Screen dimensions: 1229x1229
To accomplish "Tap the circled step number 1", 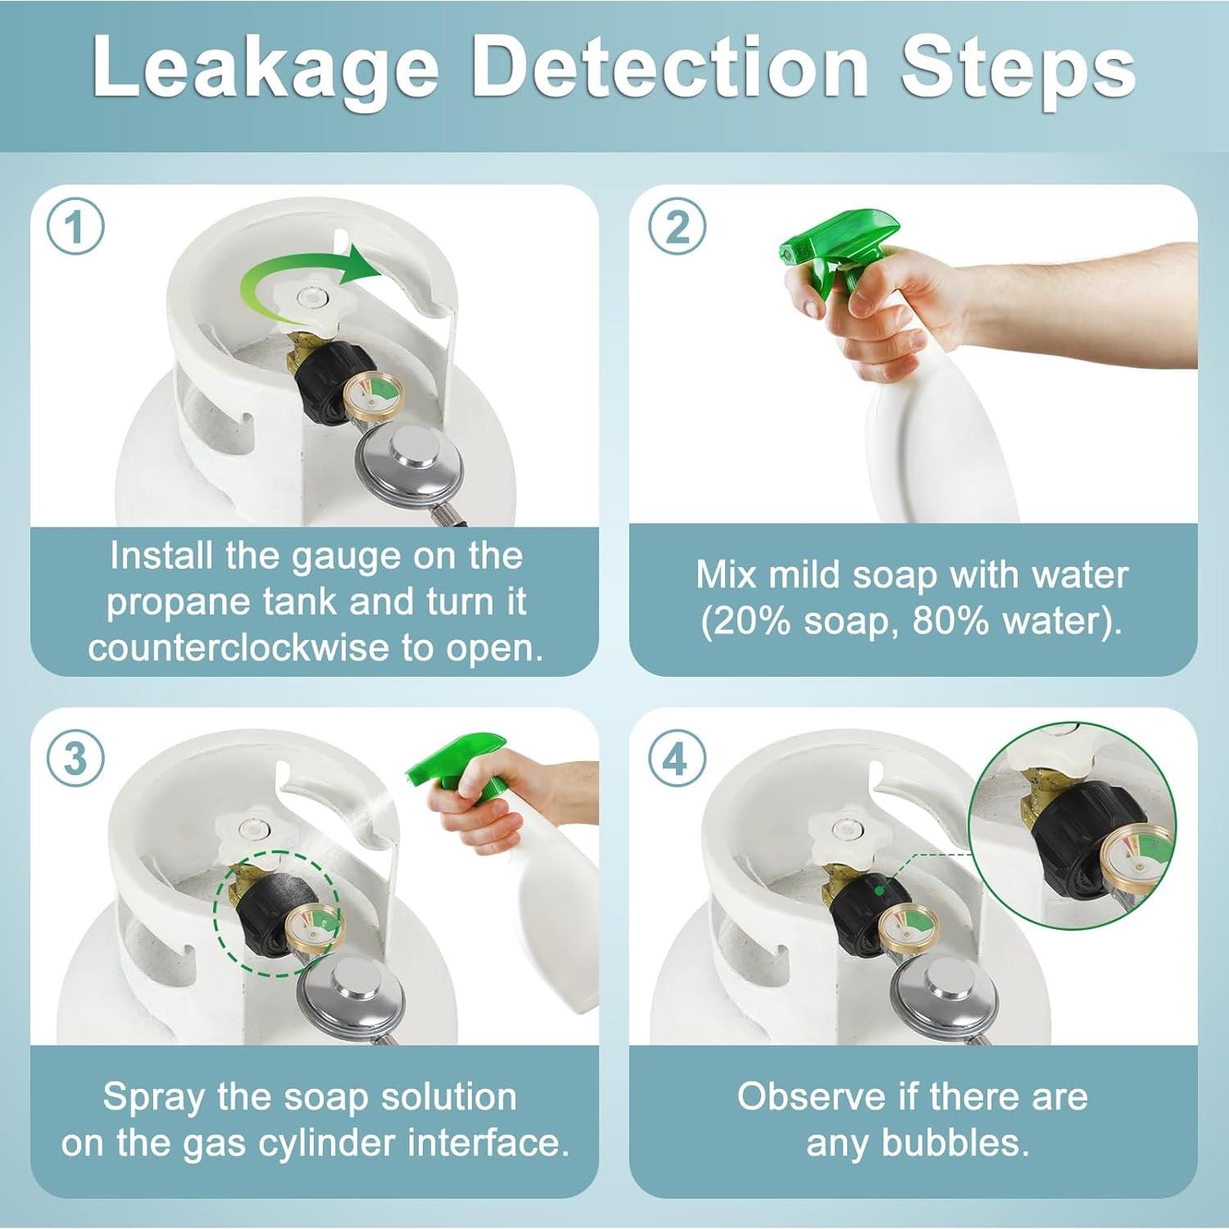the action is click(x=75, y=227).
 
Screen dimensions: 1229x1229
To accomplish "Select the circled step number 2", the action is click(x=678, y=227).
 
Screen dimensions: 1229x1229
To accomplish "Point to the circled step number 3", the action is click(x=75, y=758).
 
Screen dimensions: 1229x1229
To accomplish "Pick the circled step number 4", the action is click(x=678, y=758).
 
